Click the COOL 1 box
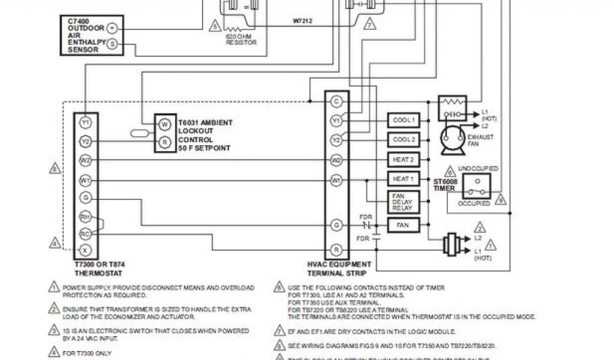click(403, 120)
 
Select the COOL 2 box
click(403, 140)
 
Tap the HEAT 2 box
click(403, 160)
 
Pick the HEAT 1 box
click(403, 179)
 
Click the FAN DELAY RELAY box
click(403, 202)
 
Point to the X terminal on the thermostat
click(85, 248)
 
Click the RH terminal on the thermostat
click(85, 217)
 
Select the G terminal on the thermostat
click(85, 197)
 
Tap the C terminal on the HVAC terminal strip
click(336, 101)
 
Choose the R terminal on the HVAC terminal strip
click(336, 248)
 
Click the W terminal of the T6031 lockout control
click(164, 124)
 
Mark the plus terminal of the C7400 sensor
click(113, 28)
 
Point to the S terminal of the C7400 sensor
click(113, 44)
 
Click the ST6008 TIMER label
click(444, 184)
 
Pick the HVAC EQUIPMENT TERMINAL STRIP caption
click(339, 268)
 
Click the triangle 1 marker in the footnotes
click(53, 287)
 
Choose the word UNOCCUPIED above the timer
click(477, 169)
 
